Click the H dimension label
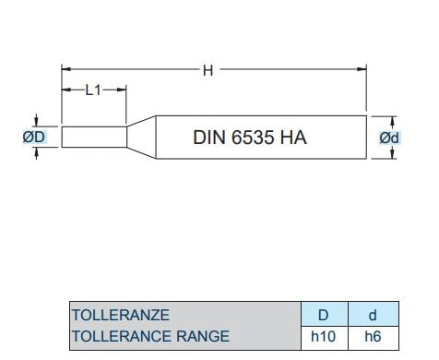point(208,71)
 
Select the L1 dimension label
point(93,90)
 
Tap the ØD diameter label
point(34,137)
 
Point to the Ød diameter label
point(389,138)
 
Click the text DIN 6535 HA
point(250,138)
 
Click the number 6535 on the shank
point(253,138)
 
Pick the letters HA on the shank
point(293,138)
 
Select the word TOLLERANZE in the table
point(121,315)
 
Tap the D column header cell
point(325,314)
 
